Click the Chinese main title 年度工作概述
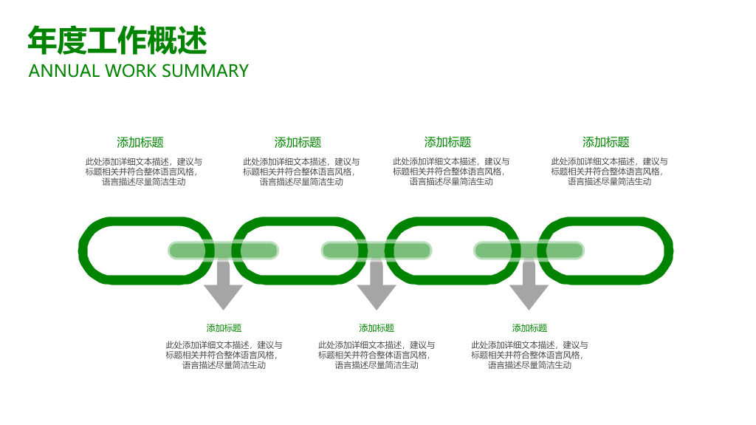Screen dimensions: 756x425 (117, 41)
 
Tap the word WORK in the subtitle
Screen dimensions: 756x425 (131, 71)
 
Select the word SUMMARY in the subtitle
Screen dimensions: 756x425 (205, 71)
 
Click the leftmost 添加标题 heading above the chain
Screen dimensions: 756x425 (140, 143)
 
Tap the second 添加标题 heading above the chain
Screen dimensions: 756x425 (298, 143)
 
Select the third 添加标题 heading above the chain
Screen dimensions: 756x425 (448, 142)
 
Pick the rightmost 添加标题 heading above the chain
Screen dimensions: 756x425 (606, 142)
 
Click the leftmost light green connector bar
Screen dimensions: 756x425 (223, 251)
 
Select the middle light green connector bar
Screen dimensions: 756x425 (377, 251)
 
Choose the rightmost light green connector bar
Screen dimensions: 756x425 (529, 251)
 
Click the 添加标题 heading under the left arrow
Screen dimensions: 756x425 (224, 328)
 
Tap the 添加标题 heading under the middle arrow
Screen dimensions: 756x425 (377, 328)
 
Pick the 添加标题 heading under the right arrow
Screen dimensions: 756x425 (529, 328)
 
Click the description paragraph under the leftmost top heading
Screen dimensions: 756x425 (144, 172)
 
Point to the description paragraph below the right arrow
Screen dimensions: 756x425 (529, 355)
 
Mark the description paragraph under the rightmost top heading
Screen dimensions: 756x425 (609, 171)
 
